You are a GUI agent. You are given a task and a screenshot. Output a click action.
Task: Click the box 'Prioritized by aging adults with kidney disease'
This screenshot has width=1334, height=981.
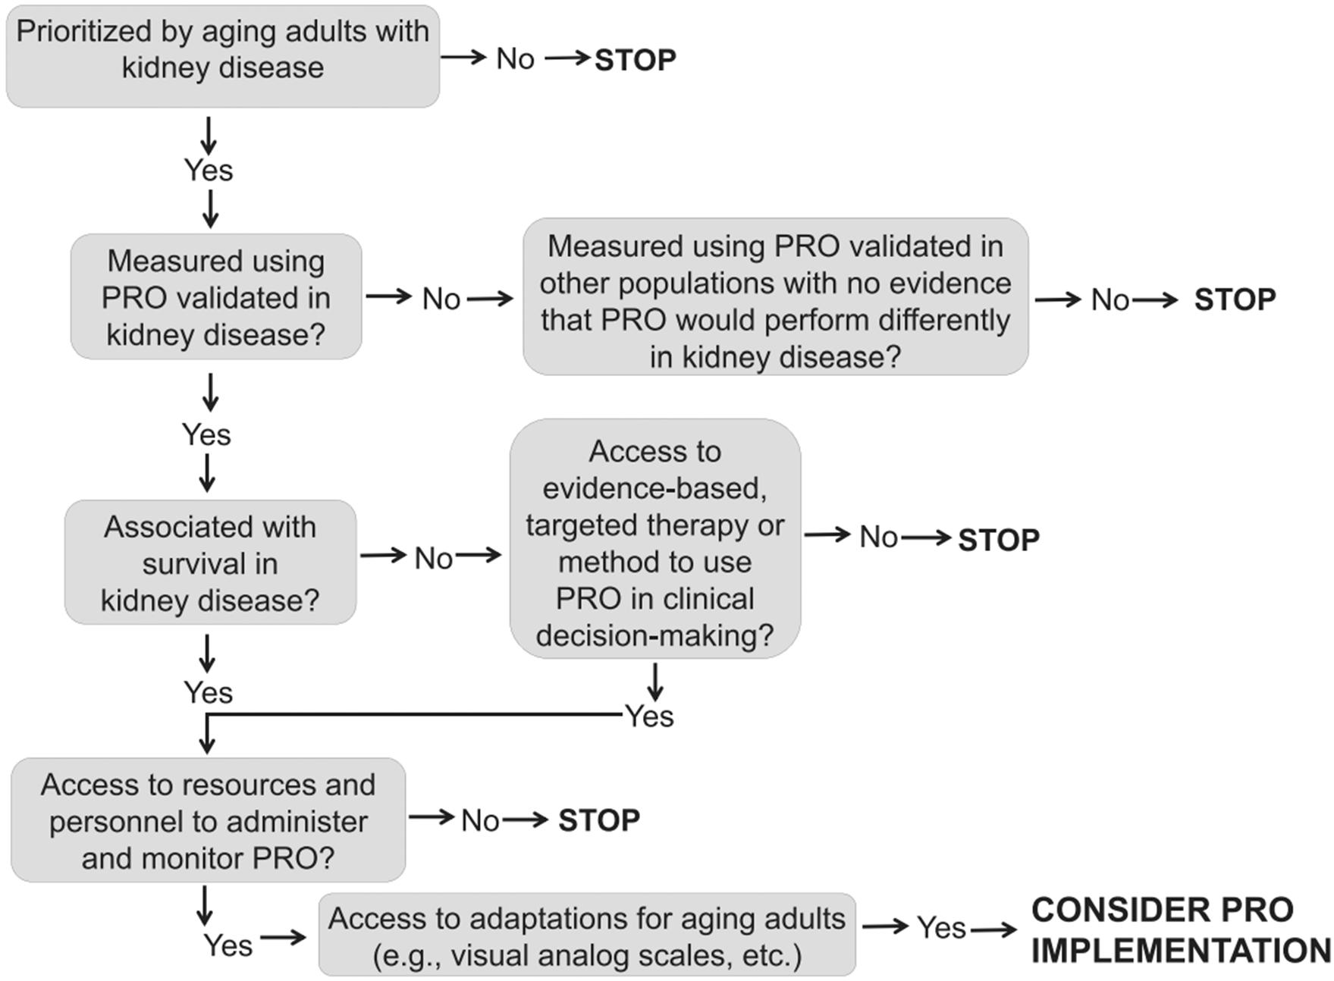[x=222, y=56]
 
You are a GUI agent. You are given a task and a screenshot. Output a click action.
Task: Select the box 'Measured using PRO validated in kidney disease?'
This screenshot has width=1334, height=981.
[x=215, y=296]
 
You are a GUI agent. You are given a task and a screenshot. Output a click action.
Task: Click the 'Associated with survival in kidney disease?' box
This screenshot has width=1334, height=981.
[x=210, y=562]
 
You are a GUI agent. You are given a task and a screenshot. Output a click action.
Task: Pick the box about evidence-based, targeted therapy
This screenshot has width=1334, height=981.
[x=654, y=539]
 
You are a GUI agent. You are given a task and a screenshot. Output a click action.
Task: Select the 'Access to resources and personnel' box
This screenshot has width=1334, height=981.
[x=208, y=820]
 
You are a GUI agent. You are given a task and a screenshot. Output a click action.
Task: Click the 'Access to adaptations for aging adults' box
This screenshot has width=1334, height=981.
[x=586, y=935]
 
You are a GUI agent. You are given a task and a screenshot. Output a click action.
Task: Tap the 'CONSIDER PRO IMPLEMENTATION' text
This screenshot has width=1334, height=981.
[x=1179, y=929]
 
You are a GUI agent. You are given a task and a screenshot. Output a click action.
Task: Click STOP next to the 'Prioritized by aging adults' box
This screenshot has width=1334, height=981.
[x=635, y=60]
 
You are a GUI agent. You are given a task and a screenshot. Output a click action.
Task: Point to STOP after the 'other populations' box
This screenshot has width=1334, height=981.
[x=1234, y=299]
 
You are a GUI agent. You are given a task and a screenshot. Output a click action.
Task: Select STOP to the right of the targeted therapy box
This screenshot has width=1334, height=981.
[x=998, y=540]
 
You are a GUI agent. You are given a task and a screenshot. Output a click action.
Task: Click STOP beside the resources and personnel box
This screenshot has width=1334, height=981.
[x=598, y=820]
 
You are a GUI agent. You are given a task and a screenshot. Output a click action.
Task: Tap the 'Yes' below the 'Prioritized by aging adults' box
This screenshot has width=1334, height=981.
[x=209, y=170]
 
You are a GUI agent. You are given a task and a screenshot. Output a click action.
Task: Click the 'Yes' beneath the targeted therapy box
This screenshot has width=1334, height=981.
[x=649, y=716]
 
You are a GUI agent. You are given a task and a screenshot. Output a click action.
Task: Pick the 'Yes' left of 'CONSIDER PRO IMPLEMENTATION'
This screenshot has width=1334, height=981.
[x=941, y=927]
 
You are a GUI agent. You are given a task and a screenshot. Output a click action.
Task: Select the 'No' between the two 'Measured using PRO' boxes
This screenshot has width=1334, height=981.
[x=441, y=299]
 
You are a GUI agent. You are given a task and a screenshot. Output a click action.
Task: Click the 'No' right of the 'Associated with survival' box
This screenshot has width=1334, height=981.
[x=433, y=559]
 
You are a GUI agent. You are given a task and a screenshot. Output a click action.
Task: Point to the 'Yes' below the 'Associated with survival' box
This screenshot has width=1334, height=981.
[x=209, y=692]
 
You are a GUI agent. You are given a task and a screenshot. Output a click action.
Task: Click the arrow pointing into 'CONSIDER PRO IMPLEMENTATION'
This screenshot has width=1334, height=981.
[x=993, y=929]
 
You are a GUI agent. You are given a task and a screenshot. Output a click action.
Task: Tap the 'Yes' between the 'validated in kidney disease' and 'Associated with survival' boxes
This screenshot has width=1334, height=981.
[x=206, y=434]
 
